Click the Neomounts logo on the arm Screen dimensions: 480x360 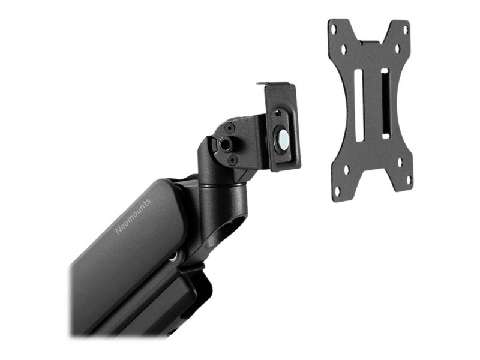click(133, 216)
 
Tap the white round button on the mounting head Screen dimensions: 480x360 click(283, 137)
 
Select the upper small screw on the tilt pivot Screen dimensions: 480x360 click(229, 127)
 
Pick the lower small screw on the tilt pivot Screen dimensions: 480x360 click(232, 159)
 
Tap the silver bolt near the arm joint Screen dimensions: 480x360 click(174, 257)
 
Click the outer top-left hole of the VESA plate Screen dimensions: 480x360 click(334, 30)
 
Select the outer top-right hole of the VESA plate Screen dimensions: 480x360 click(406, 30)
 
